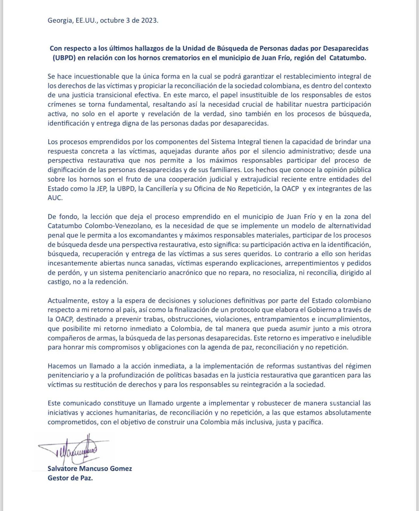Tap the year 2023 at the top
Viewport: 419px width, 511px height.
pos(149,20)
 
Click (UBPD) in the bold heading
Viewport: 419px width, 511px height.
pos(64,58)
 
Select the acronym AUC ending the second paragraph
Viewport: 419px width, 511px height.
pos(54,198)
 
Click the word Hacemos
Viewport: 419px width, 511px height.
pos(62,366)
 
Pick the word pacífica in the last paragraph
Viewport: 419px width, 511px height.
pos(310,422)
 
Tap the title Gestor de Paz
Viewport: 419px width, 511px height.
pos(70,478)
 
